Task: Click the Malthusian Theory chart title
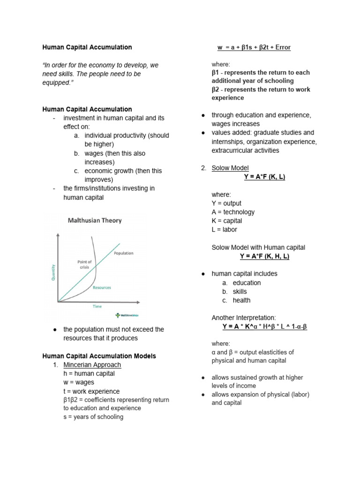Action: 95,220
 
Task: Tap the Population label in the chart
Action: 123,253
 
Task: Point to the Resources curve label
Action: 102,287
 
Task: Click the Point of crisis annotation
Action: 84,264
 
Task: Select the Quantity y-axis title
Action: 53,271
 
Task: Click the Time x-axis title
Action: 97,307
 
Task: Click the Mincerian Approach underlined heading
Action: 92,365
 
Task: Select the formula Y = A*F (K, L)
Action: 264,177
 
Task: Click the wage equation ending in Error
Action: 254,47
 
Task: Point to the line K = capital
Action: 227,221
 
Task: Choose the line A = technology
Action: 233,212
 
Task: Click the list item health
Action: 241,300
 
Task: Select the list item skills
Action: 240,292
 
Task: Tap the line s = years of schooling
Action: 93,417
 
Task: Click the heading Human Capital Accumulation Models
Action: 99,356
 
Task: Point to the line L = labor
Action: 225,230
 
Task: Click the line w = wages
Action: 79,382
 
